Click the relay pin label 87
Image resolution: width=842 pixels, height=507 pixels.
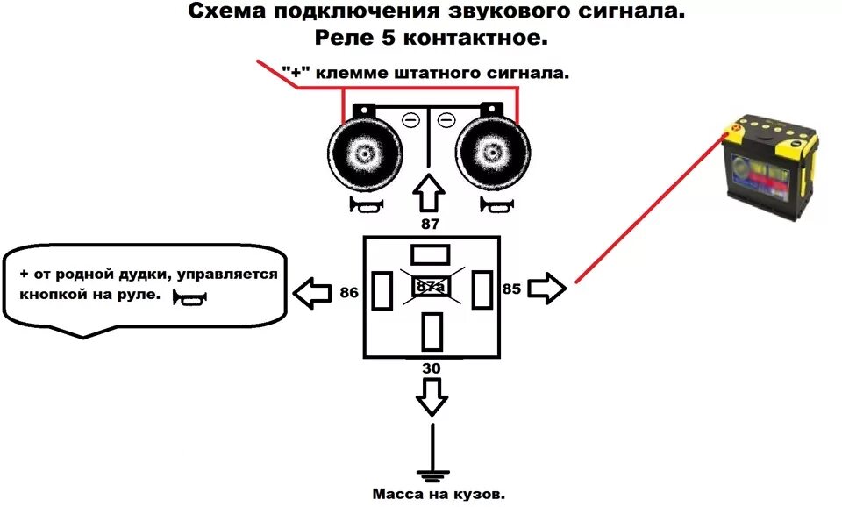point(431,225)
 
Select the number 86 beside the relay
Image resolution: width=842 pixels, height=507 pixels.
point(348,292)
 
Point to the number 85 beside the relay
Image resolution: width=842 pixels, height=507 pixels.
point(512,288)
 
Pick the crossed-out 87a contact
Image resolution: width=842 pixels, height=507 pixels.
point(431,288)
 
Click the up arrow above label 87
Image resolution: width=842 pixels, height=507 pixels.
point(430,193)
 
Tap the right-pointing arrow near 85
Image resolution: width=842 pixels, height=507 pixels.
point(548,288)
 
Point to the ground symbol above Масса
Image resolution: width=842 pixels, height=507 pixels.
point(431,475)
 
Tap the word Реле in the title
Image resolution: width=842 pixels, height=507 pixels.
point(344,39)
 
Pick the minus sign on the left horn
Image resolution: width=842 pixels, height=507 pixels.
point(410,120)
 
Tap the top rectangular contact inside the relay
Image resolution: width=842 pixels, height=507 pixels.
point(431,254)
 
